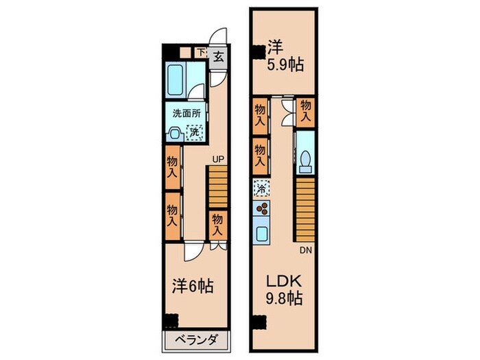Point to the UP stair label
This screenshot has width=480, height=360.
tap(217, 160)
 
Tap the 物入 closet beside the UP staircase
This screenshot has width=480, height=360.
tap(217, 225)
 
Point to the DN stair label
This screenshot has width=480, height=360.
tap(304, 250)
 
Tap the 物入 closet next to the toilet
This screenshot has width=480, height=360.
tap(306, 110)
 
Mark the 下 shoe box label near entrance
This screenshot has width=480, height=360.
tap(200, 52)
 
